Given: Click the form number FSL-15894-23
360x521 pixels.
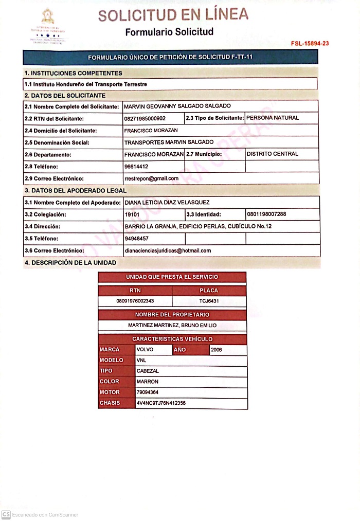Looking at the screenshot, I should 310,43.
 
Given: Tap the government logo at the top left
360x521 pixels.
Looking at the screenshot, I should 47,28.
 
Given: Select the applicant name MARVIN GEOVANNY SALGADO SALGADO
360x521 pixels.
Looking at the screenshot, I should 177,106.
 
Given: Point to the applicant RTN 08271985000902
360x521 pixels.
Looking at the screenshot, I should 145,118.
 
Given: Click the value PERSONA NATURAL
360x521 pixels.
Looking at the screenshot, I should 273,118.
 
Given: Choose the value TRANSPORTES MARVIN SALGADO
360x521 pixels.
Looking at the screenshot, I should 169,142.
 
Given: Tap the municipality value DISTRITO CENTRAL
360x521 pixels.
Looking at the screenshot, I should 272,154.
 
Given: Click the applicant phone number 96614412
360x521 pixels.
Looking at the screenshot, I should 136,167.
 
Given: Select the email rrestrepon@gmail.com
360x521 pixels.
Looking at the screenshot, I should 151,178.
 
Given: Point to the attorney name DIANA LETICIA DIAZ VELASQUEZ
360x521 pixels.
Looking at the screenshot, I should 167,203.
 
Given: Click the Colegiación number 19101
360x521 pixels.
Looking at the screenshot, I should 132,214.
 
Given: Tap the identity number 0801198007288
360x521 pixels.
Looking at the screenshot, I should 266,214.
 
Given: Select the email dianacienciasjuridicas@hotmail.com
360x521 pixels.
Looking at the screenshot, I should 168,250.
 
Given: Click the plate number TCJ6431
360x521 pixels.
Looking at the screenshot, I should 209,301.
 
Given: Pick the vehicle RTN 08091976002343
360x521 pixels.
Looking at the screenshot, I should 135,301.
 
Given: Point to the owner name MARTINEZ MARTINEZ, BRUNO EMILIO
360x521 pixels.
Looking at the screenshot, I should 172,326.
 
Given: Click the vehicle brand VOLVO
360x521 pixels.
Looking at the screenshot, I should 145,350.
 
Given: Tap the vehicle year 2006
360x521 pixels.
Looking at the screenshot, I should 217,350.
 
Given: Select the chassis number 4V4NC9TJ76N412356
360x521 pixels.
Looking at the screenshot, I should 161,403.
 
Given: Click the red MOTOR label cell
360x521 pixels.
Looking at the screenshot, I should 110,392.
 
